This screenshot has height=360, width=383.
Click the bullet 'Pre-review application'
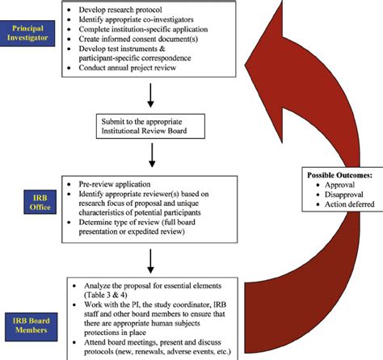coord(119,184)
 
